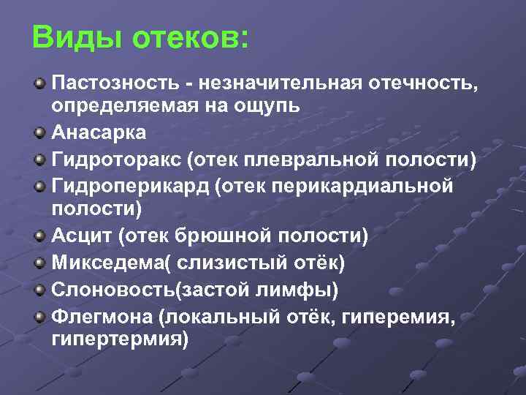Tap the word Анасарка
click(x=99, y=133)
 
